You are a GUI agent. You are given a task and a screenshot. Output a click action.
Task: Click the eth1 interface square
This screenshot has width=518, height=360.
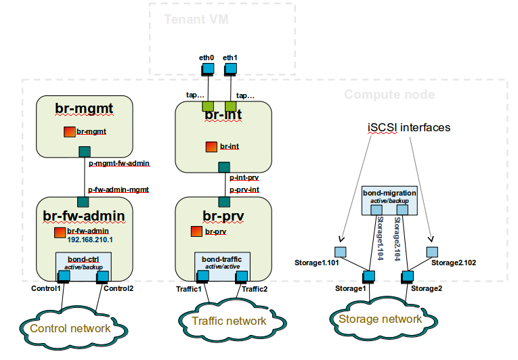point(230,68)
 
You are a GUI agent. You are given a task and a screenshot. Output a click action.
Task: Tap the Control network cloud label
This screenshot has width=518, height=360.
point(70,328)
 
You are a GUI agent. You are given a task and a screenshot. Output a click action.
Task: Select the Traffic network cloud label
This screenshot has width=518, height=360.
point(229,321)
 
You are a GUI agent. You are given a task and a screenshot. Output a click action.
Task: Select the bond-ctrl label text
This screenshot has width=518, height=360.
point(83,258)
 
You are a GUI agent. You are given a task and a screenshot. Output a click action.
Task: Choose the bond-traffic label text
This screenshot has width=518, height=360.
point(223,258)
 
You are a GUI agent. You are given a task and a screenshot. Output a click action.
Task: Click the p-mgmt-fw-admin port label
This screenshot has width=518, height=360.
point(119,163)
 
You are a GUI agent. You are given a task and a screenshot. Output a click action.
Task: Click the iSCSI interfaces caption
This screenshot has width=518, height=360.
point(408,127)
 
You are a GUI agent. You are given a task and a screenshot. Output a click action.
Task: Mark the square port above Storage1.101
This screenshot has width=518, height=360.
point(341,252)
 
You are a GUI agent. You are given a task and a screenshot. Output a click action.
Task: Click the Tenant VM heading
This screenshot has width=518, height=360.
point(191,19)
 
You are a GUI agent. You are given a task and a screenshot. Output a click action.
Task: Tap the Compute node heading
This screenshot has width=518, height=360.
point(389,94)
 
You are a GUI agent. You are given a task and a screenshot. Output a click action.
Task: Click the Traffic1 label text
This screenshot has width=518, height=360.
point(190,289)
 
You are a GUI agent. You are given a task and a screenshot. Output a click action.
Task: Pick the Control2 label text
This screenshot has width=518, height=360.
point(119,288)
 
